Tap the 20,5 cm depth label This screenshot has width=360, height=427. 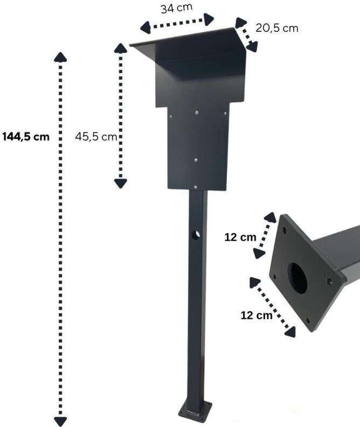click(276, 27)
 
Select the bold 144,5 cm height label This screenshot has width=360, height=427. click(26, 137)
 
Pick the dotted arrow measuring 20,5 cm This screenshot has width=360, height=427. click(246, 35)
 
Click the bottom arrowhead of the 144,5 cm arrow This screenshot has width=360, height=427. click(61, 421)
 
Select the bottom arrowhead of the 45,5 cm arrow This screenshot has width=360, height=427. click(120, 183)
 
